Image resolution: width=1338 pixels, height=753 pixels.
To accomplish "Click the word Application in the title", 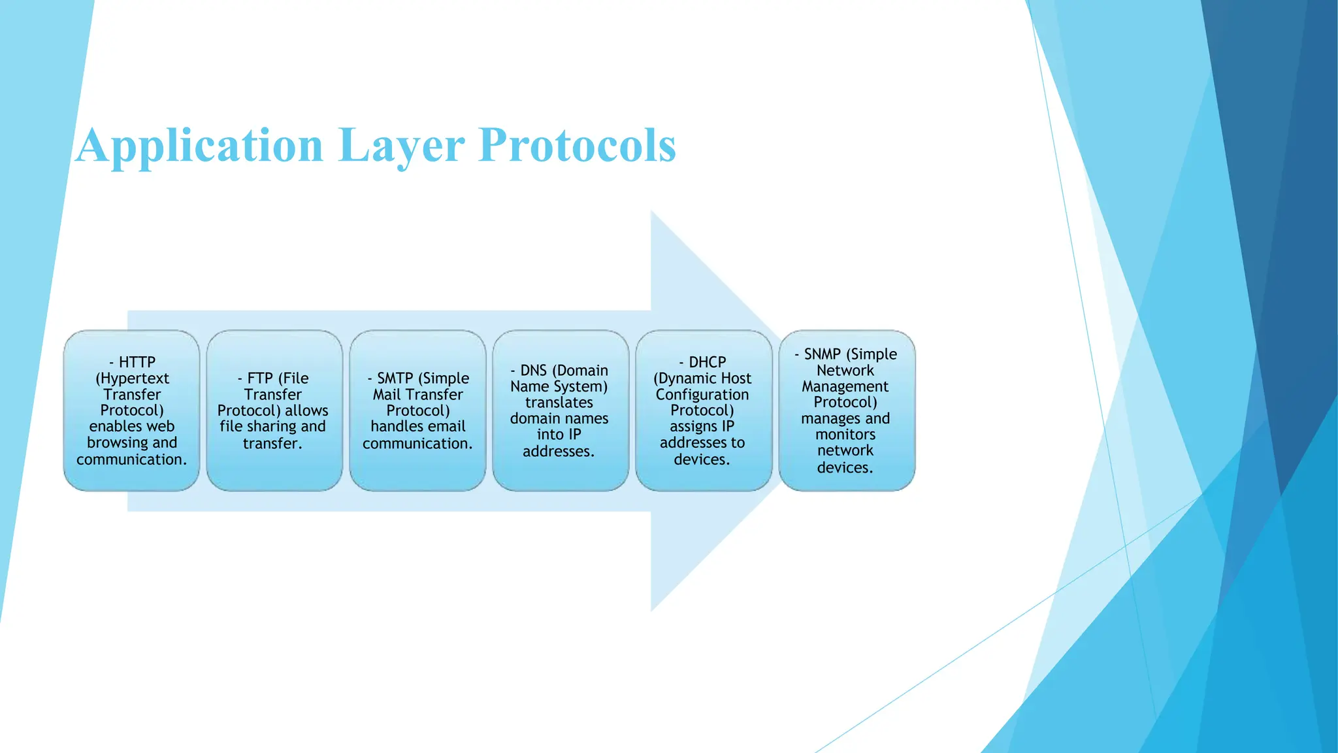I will click(x=199, y=145).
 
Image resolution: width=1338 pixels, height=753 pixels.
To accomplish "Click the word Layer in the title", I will click(x=401, y=145).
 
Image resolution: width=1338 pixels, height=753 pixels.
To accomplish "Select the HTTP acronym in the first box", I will click(x=137, y=362).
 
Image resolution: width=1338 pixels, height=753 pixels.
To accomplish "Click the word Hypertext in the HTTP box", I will click(x=133, y=378).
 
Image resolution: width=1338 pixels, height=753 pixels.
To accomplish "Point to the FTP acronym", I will click(x=260, y=378).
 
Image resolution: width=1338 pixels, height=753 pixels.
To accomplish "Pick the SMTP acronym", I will click(x=395, y=378).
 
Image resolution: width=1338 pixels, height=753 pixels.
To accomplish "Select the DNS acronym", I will click(x=533, y=371).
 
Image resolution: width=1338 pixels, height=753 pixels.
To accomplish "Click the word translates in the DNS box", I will click(x=559, y=403).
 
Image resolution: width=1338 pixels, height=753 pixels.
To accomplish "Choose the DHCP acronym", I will click(x=708, y=362).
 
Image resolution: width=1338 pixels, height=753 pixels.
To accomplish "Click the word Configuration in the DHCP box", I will click(x=702, y=395).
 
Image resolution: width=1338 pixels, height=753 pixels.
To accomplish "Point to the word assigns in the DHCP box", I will click(x=693, y=427).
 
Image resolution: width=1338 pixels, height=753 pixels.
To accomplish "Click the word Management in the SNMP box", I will click(x=845, y=387).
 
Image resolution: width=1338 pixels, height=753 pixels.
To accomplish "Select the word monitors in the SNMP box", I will click(x=845, y=435).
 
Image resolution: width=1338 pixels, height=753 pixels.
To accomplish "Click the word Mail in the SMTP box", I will click(x=386, y=395).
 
